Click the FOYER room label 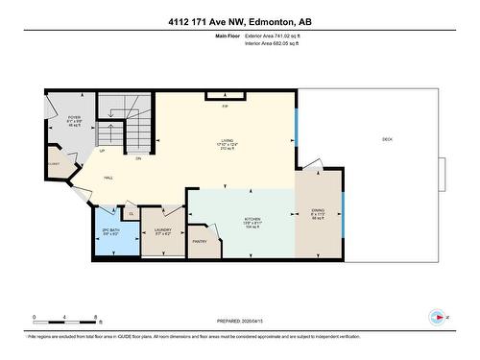(74, 117)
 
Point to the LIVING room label (228, 141)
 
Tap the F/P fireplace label (224, 107)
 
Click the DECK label (387, 140)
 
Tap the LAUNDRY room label (162, 229)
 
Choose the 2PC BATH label (111, 230)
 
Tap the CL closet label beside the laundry (131, 213)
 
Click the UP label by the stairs (102, 150)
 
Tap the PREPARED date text (239, 320)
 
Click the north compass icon (438, 318)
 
